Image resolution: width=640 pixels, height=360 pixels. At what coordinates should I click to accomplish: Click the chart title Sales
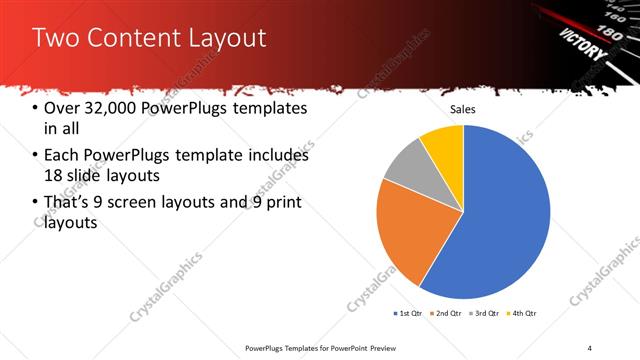[x=462, y=109]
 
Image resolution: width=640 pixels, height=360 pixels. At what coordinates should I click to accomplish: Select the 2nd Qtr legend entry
[x=446, y=313]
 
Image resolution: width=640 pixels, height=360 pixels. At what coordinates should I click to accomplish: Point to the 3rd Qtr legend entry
[x=485, y=313]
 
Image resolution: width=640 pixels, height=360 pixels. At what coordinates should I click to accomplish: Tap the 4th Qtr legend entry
[x=524, y=313]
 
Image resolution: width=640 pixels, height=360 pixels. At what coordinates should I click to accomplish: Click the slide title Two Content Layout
[x=149, y=38]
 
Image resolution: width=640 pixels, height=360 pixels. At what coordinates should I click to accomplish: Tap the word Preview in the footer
[x=379, y=348]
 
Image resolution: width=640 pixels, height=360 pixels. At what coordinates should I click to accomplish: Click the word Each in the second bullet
[x=62, y=156]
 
